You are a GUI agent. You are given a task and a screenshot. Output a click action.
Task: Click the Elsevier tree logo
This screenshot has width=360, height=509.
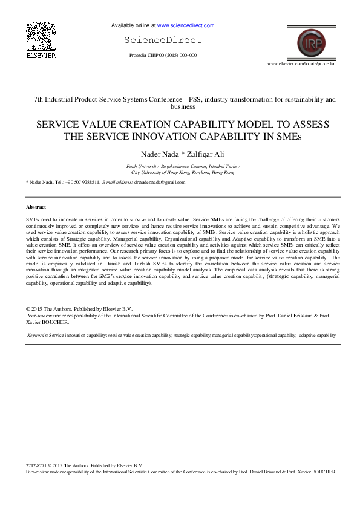pyautogui.click(x=41, y=36)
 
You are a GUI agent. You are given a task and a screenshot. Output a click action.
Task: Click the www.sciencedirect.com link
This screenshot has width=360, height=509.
pyautogui.click(x=186, y=26)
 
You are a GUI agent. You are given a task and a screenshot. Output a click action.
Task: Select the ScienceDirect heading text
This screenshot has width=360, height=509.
pyautogui.click(x=163, y=41)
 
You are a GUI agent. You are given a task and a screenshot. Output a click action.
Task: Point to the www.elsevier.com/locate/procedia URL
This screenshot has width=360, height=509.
pyautogui.click(x=301, y=63)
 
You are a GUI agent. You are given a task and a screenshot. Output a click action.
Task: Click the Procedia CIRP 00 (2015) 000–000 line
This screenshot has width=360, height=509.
pyautogui.click(x=163, y=55)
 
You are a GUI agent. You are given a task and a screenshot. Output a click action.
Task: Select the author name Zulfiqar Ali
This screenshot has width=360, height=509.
pyautogui.click(x=203, y=153)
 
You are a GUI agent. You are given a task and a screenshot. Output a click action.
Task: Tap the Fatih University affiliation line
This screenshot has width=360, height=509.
pyautogui.click(x=183, y=166)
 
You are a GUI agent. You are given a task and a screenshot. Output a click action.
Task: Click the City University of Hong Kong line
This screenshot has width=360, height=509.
pyautogui.click(x=183, y=172)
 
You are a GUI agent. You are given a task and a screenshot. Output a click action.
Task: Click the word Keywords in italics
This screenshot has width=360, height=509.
pyautogui.click(x=38, y=334)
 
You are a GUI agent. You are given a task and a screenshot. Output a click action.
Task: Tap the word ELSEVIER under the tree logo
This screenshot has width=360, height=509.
pyautogui.click(x=41, y=55)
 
